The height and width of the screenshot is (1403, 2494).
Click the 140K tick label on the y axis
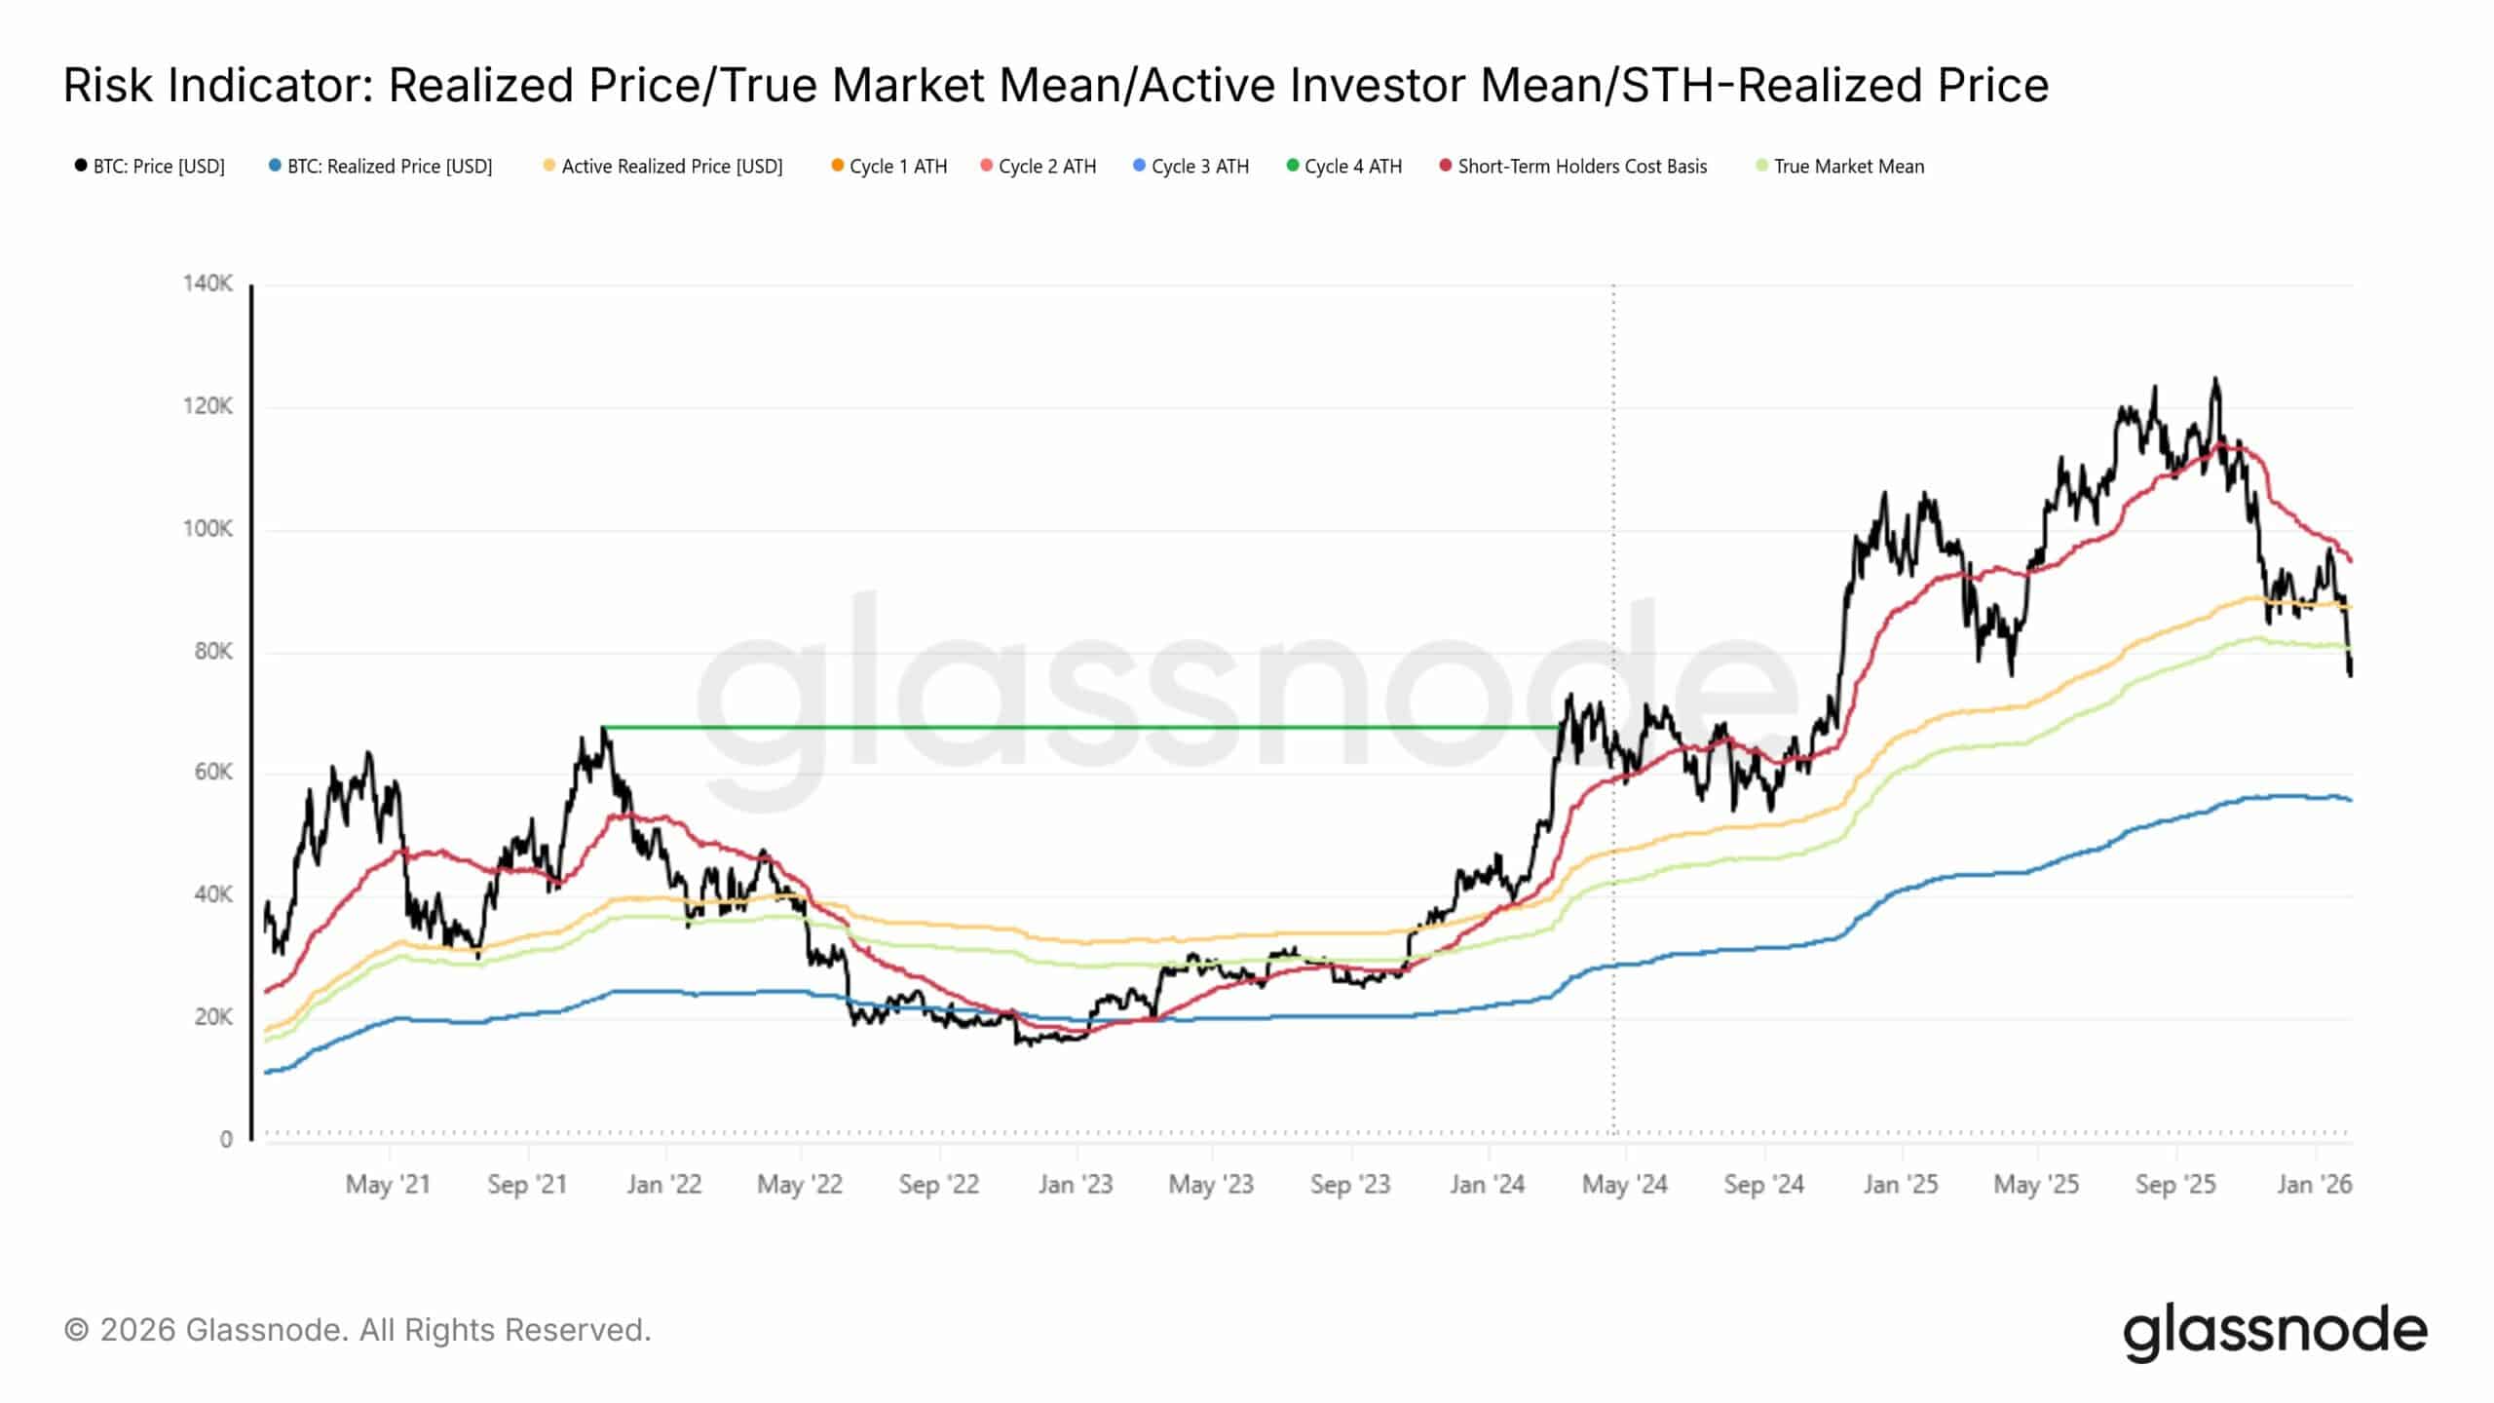coord(208,284)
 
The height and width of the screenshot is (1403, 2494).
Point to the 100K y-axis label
coord(208,529)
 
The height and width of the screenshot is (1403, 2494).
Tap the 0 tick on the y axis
coord(226,1139)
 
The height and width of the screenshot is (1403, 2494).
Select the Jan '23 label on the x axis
coord(1076,1185)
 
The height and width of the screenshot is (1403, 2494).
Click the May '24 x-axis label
coord(1625,1185)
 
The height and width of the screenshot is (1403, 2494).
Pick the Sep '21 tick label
coord(527,1185)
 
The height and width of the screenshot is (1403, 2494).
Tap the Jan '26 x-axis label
coord(2315,1185)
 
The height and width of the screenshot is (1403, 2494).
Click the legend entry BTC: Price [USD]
coord(150,167)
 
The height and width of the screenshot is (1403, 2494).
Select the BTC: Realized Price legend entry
coord(381,167)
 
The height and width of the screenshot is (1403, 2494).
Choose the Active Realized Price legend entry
coord(663,167)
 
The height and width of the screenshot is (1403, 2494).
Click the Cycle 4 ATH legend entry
coord(1344,167)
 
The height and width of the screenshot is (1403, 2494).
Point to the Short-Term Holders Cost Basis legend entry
coord(1573,167)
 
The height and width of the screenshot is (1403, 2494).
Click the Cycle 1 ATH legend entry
coord(889,167)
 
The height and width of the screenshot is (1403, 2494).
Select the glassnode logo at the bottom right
coord(2275,1332)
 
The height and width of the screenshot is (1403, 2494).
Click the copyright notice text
coord(358,1330)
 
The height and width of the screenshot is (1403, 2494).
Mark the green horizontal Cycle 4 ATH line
coord(1081,727)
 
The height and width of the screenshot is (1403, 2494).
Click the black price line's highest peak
coord(2215,379)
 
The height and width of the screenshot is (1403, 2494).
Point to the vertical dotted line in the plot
coord(1613,709)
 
